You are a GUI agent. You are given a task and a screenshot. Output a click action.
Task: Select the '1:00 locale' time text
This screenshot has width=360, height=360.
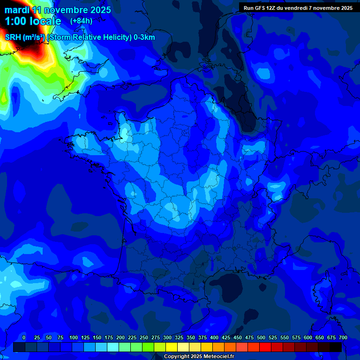tap(33, 21)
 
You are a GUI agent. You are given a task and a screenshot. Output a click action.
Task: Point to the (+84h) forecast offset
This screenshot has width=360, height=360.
tap(81, 21)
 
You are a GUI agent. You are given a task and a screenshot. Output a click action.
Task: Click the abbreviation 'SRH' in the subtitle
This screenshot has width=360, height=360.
tap(13, 37)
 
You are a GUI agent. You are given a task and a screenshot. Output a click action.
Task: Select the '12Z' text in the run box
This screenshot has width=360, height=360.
tap(271, 8)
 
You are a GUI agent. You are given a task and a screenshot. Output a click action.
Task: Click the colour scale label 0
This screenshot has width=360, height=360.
tap(24, 337)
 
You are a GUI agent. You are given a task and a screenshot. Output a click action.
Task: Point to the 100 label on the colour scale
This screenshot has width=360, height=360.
tap(74, 337)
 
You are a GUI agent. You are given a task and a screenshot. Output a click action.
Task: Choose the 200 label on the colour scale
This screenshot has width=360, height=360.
tap(120, 337)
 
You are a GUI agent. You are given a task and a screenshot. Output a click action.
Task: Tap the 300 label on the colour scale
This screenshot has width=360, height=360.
tap(167, 337)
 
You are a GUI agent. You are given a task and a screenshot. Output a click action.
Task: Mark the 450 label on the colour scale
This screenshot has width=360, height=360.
tap(238, 337)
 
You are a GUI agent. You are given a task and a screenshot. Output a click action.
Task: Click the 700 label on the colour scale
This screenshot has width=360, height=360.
tap(343, 337)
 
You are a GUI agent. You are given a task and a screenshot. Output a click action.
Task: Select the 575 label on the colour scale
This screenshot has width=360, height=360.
tap(296, 337)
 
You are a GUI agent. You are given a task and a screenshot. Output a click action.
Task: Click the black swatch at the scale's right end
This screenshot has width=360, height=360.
tap(336, 347)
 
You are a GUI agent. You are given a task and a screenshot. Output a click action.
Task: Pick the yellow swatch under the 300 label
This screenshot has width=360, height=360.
tap(172, 347)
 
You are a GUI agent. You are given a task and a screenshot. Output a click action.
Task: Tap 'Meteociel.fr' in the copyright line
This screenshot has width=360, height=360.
tap(218, 357)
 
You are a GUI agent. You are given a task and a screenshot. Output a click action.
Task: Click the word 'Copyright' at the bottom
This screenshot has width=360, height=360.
tap(177, 357)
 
